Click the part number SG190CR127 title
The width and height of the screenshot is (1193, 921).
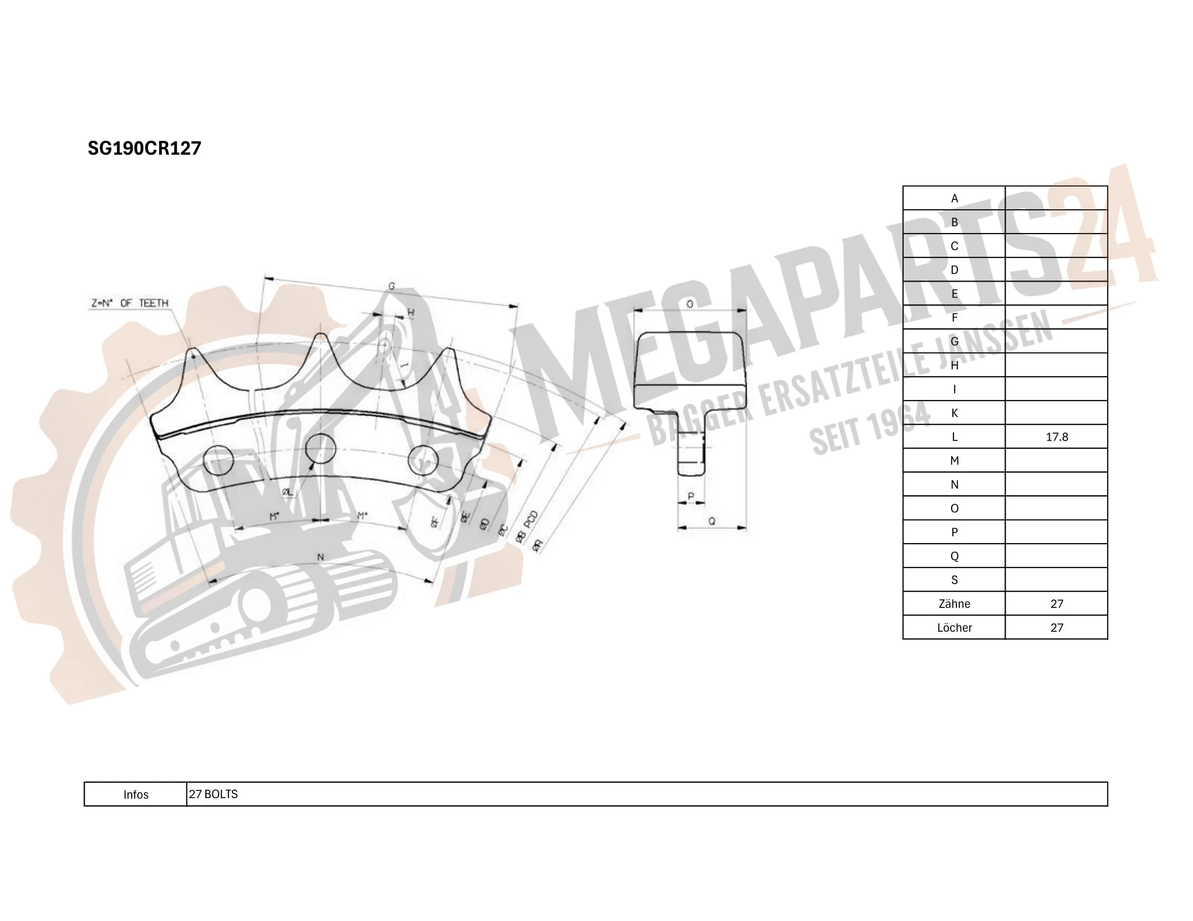point(144,148)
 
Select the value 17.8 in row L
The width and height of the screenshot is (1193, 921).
point(1056,437)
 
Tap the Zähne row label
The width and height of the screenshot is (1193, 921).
point(954,604)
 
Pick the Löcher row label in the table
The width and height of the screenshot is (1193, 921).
point(954,628)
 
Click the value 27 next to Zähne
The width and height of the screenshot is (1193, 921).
point(1056,604)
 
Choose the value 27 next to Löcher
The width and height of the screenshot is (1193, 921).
point(1056,628)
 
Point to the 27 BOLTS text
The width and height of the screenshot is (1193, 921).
point(213,794)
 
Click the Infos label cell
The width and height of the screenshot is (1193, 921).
point(136,795)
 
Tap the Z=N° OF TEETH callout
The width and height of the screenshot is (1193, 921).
point(129,303)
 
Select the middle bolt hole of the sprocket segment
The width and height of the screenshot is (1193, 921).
point(320,447)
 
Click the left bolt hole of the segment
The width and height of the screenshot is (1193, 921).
point(219,461)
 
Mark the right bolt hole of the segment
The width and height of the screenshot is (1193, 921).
point(423,461)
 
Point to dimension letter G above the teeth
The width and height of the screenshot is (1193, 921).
point(391,286)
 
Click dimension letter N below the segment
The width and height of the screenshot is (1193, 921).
point(320,557)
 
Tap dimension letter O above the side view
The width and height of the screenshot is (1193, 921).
point(690,304)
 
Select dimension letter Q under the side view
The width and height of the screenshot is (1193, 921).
point(712,521)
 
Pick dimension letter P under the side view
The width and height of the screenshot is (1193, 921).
point(691,496)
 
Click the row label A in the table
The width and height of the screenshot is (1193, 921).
point(954,198)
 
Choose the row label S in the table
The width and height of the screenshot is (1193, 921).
point(954,580)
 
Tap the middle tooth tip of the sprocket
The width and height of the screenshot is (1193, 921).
point(321,336)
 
